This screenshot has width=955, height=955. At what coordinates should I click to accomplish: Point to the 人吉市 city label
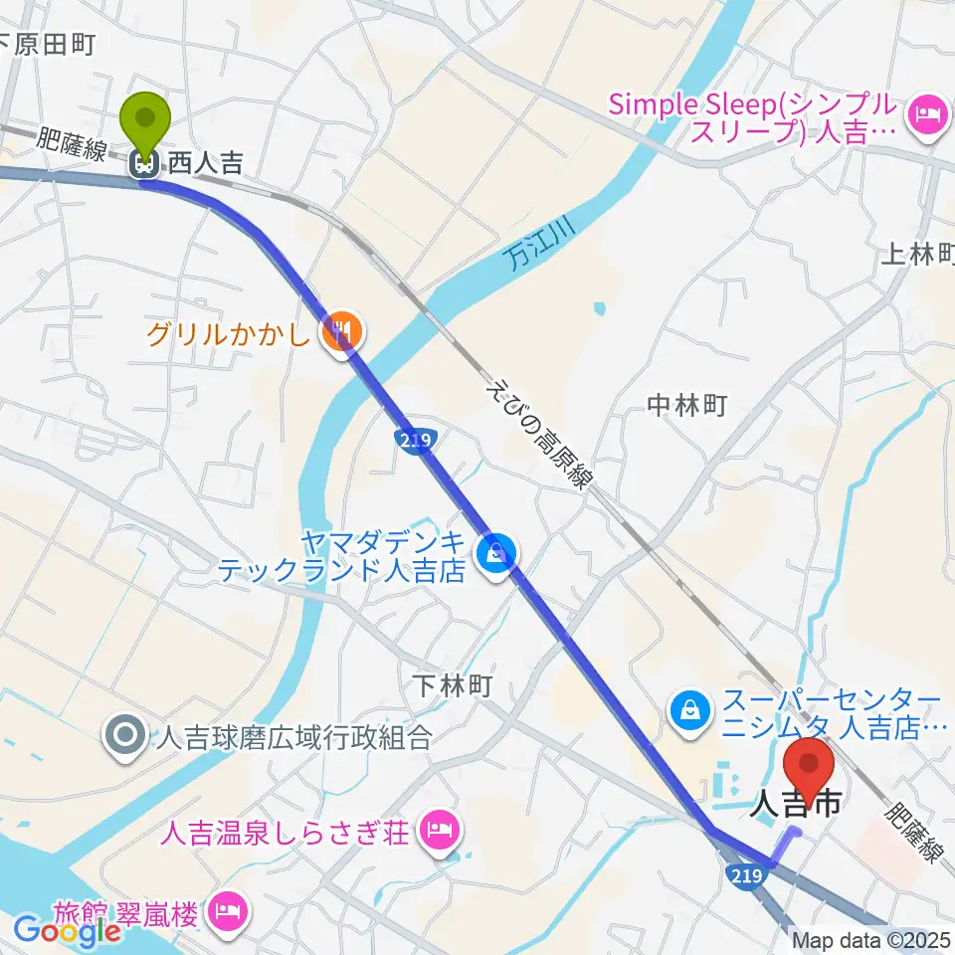point(798,802)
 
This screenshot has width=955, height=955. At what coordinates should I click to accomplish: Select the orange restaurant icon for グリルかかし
point(340,331)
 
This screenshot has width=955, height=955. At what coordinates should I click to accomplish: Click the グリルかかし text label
point(229,332)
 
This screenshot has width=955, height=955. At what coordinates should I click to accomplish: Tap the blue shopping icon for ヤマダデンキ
point(495,550)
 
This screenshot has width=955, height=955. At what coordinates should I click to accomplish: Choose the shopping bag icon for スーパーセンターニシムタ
point(688,709)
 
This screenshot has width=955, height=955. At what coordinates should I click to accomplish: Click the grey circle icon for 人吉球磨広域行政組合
point(125,737)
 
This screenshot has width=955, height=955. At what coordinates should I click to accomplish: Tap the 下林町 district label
point(453,686)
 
